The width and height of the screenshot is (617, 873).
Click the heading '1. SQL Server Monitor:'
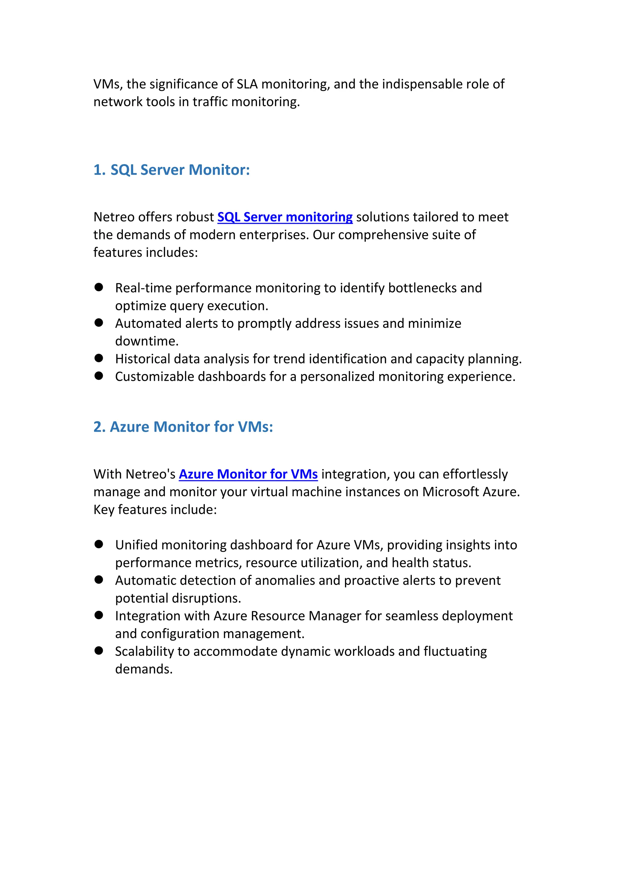click(172, 170)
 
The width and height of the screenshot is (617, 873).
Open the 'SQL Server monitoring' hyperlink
click(285, 217)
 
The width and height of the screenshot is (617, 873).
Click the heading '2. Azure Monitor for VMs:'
click(183, 427)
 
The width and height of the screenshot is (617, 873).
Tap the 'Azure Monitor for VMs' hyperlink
click(248, 474)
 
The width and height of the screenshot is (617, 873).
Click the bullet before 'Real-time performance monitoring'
click(99, 287)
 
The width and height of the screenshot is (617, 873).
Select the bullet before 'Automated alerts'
click(99, 323)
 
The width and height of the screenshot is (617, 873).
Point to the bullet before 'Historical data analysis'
click(99, 358)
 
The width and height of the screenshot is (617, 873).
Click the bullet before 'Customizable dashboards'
click(99, 376)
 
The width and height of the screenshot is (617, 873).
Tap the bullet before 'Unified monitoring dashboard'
click(99, 544)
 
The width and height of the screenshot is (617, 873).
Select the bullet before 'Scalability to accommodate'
click(99, 651)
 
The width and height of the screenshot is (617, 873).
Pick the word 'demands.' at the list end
click(144, 669)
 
